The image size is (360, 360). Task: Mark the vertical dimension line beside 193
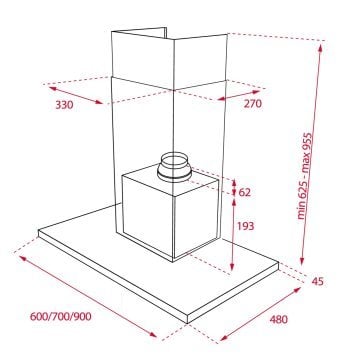[233, 235]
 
